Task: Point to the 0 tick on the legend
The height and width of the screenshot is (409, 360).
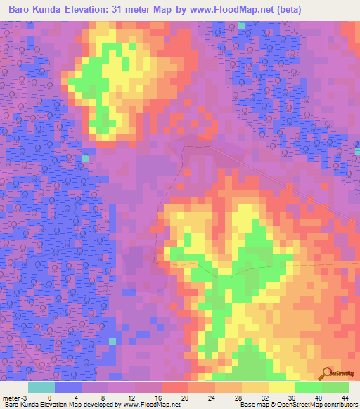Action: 49,397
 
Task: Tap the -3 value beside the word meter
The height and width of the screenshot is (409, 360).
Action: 25,397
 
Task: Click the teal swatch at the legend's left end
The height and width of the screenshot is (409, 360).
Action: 41,387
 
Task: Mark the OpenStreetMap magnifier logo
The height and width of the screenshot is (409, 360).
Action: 328,373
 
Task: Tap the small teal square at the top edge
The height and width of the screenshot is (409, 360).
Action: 242,25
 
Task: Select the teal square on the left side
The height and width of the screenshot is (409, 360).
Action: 85,160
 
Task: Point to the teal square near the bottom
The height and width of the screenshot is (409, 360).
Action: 112,341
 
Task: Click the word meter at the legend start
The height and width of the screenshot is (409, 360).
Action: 10,397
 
